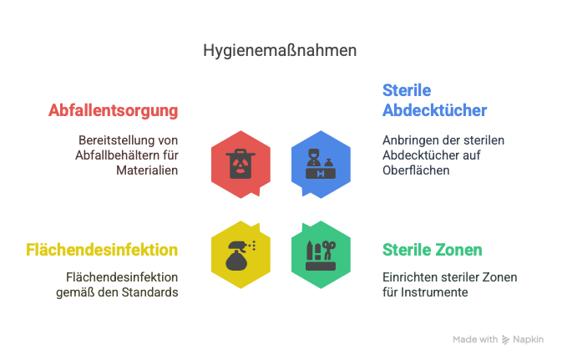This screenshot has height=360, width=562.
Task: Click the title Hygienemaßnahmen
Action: pyautogui.click(x=280, y=51)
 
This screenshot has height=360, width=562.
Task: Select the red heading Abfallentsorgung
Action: pyautogui.click(x=114, y=111)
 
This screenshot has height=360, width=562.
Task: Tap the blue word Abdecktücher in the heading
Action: pyautogui.click(x=435, y=110)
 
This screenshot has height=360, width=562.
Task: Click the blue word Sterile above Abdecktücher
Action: pyautogui.click(x=407, y=90)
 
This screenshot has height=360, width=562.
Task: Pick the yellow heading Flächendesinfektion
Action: pyautogui.click(x=102, y=250)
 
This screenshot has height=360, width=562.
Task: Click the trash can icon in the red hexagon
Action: pyautogui.click(x=240, y=164)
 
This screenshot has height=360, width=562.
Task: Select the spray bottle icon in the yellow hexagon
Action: pyautogui.click(x=240, y=256)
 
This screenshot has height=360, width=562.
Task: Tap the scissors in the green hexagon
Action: pyautogui.click(x=329, y=250)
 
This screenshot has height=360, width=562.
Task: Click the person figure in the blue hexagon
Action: pyautogui.click(x=314, y=158)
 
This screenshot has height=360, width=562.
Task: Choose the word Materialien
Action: pyautogui.click(x=147, y=170)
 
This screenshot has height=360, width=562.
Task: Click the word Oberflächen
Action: pyautogui.click(x=416, y=170)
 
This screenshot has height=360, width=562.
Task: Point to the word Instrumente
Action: pyautogui.click(x=434, y=292)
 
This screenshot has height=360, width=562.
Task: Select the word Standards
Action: pyautogui.click(x=149, y=292)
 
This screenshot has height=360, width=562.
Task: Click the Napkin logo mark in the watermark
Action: pyautogui.click(x=505, y=340)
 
